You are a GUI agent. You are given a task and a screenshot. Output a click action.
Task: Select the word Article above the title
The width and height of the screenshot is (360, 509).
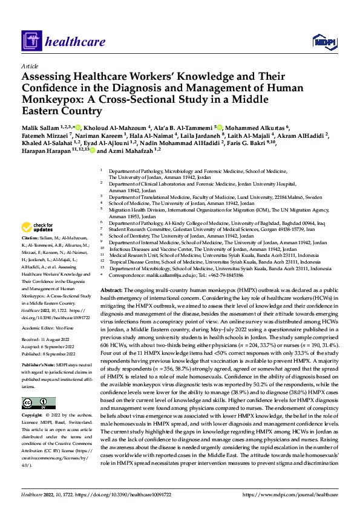30,65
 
